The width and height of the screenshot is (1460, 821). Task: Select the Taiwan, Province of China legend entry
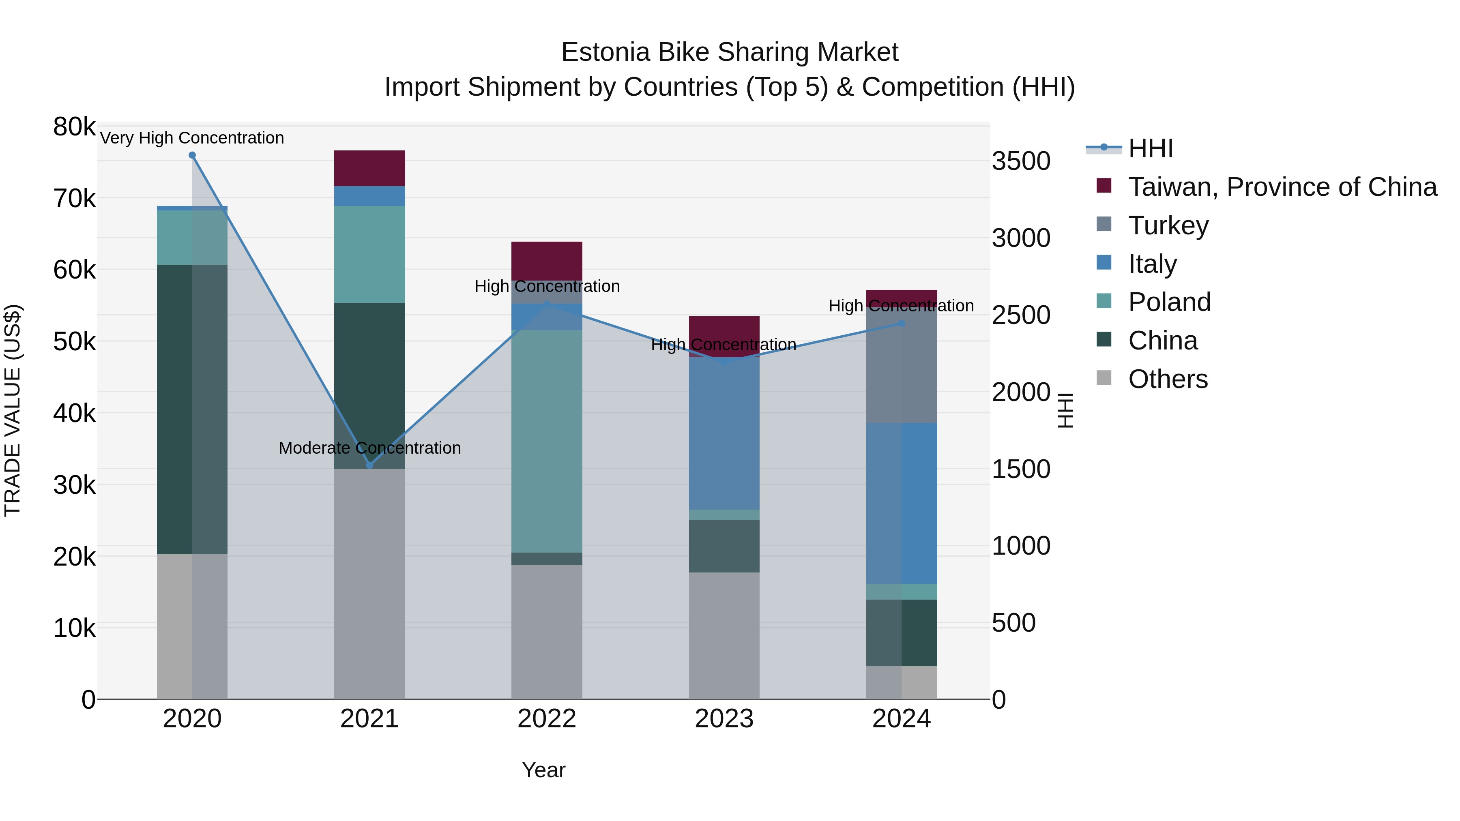(x=1281, y=187)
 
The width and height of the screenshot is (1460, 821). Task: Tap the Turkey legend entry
(x=1168, y=225)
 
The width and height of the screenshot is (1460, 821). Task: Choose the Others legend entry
(x=1168, y=379)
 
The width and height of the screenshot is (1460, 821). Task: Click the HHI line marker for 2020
(x=192, y=155)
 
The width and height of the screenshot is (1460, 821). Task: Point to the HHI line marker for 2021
(x=369, y=465)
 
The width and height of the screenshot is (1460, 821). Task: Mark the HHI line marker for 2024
(x=902, y=324)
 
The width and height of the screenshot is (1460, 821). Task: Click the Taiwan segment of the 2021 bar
(x=369, y=168)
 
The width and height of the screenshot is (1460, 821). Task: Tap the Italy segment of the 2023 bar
(x=724, y=433)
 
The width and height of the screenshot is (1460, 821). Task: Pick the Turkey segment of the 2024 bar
(x=902, y=368)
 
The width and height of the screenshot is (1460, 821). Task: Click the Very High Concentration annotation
(x=192, y=138)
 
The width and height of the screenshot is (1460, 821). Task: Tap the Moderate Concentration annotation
(x=369, y=448)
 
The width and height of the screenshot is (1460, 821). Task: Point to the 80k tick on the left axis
(x=74, y=127)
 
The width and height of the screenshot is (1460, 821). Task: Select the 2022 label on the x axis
(x=547, y=719)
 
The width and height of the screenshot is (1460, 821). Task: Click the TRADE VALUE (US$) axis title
(x=13, y=410)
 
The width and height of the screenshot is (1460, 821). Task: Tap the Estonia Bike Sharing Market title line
(x=730, y=52)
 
